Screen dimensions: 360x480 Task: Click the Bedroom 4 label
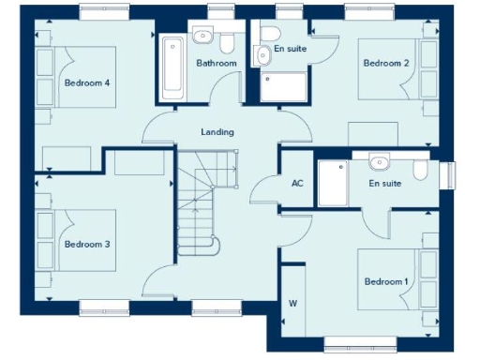(87, 82)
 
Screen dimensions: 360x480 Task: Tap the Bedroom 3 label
(87, 244)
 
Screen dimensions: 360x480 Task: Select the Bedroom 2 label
(386, 63)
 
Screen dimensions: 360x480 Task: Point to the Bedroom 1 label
(386, 282)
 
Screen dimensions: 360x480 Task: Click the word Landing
(217, 132)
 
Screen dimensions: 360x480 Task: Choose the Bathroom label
(217, 63)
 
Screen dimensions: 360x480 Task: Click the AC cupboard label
(298, 184)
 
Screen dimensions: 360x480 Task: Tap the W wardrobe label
(292, 303)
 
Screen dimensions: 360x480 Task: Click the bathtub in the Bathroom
(172, 67)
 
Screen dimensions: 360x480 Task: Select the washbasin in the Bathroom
(202, 36)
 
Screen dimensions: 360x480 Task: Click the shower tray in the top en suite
(284, 86)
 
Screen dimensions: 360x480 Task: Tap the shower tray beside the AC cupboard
(332, 183)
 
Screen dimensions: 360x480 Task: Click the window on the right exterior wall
(447, 174)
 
